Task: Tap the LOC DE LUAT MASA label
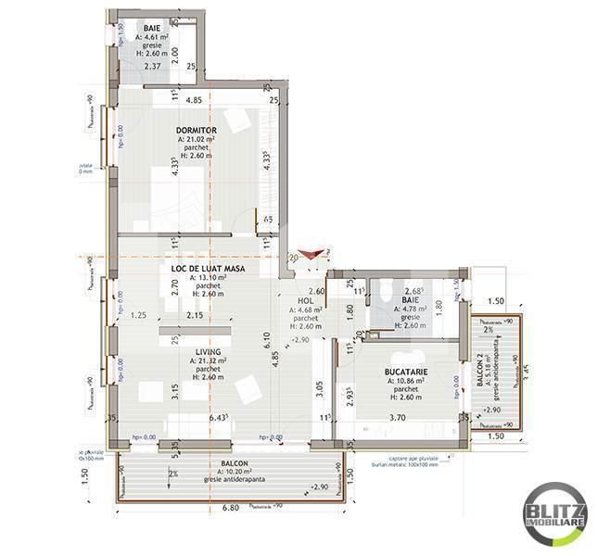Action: point(208,269)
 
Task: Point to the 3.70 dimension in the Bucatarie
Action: point(397,418)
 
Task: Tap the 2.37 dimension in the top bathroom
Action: point(154,66)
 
